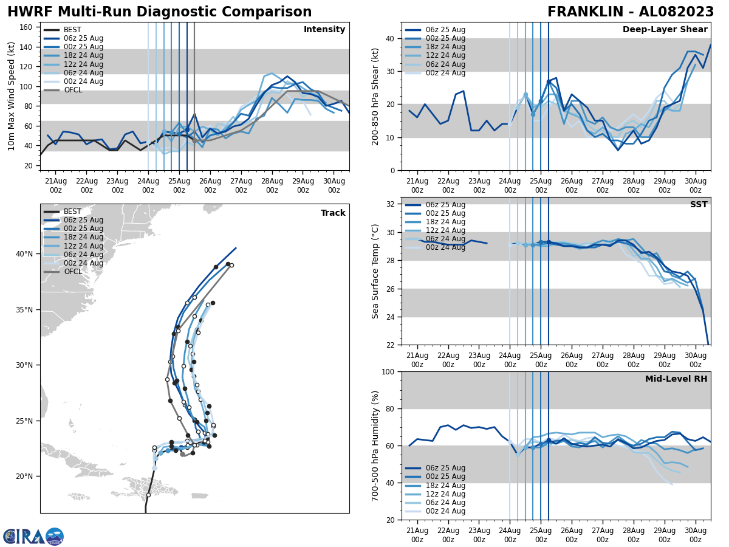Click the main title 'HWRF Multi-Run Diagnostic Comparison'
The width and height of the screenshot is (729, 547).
tap(159, 12)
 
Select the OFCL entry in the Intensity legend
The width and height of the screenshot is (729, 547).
tap(73, 91)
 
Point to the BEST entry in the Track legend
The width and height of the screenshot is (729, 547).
tap(72, 212)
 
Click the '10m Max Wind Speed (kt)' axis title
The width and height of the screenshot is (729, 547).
tap(12, 96)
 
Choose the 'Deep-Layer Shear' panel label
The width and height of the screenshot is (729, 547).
tap(665, 30)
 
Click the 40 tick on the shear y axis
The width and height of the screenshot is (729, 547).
tap(392, 38)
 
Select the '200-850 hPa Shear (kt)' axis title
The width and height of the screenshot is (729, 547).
tap(375, 96)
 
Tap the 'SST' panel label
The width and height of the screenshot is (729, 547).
tap(698, 205)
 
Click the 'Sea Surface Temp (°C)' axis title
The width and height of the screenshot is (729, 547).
tap(375, 271)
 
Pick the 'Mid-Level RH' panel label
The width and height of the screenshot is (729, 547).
tap(676, 379)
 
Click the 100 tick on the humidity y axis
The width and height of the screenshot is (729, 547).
tap(389, 371)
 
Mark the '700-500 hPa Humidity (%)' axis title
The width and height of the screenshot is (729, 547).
tap(375, 446)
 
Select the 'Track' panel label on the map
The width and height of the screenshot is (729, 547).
tap(333, 213)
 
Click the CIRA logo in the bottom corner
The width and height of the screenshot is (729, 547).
tap(33, 536)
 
